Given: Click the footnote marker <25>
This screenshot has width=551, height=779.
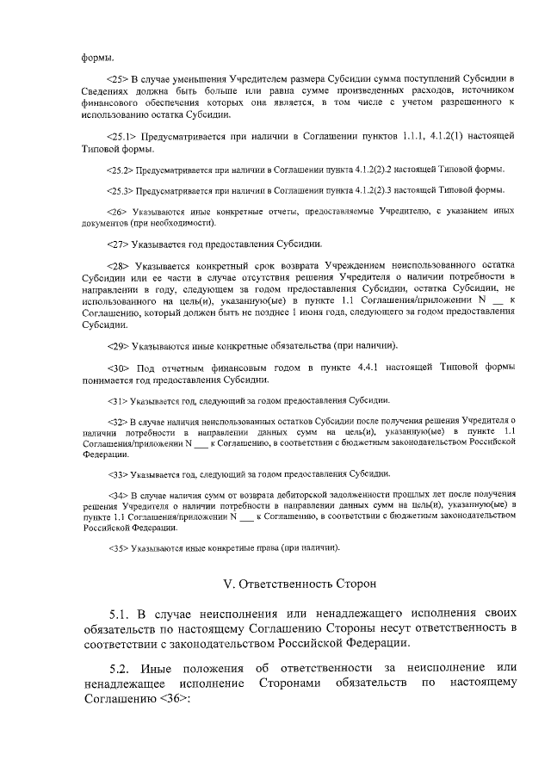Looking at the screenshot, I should tap(116, 79).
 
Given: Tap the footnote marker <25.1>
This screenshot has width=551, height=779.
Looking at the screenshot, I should tap(121, 136).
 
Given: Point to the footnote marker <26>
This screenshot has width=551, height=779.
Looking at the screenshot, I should tap(116, 211).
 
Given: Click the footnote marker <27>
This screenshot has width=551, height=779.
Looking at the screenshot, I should tap(116, 244).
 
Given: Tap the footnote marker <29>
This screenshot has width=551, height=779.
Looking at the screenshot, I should tap(116, 345).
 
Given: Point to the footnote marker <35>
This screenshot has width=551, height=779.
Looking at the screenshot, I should tap(118, 547).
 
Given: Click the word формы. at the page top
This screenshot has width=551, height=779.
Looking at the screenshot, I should tap(96, 57).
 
